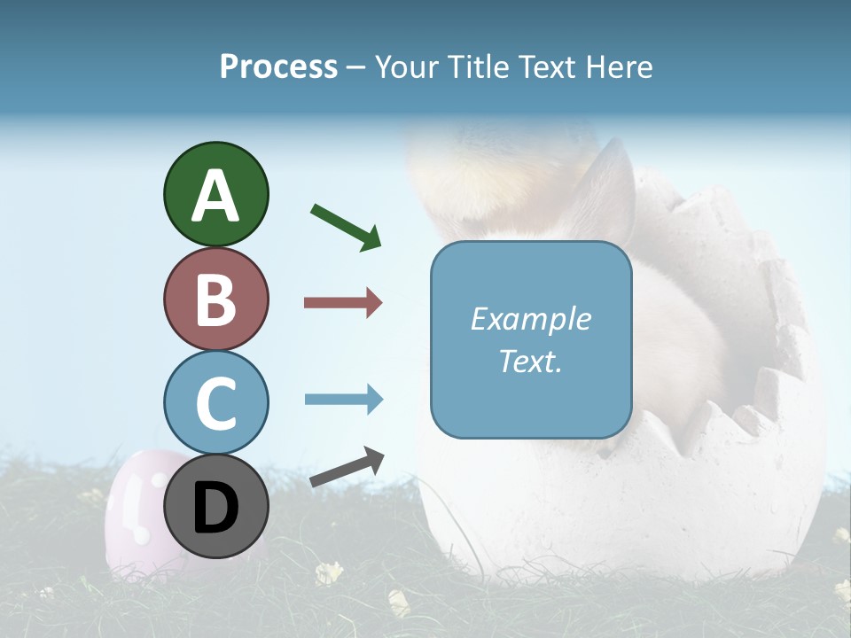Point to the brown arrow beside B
tap(343, 303)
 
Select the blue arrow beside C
tap(343, 400)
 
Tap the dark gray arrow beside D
tap(347, 467)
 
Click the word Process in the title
tap(278, 67)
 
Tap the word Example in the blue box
tap(530, 320)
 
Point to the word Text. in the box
tap(530, 361)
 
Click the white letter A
tap(216, 196)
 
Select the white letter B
tap(216, 300)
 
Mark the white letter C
tap(216, 404)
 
